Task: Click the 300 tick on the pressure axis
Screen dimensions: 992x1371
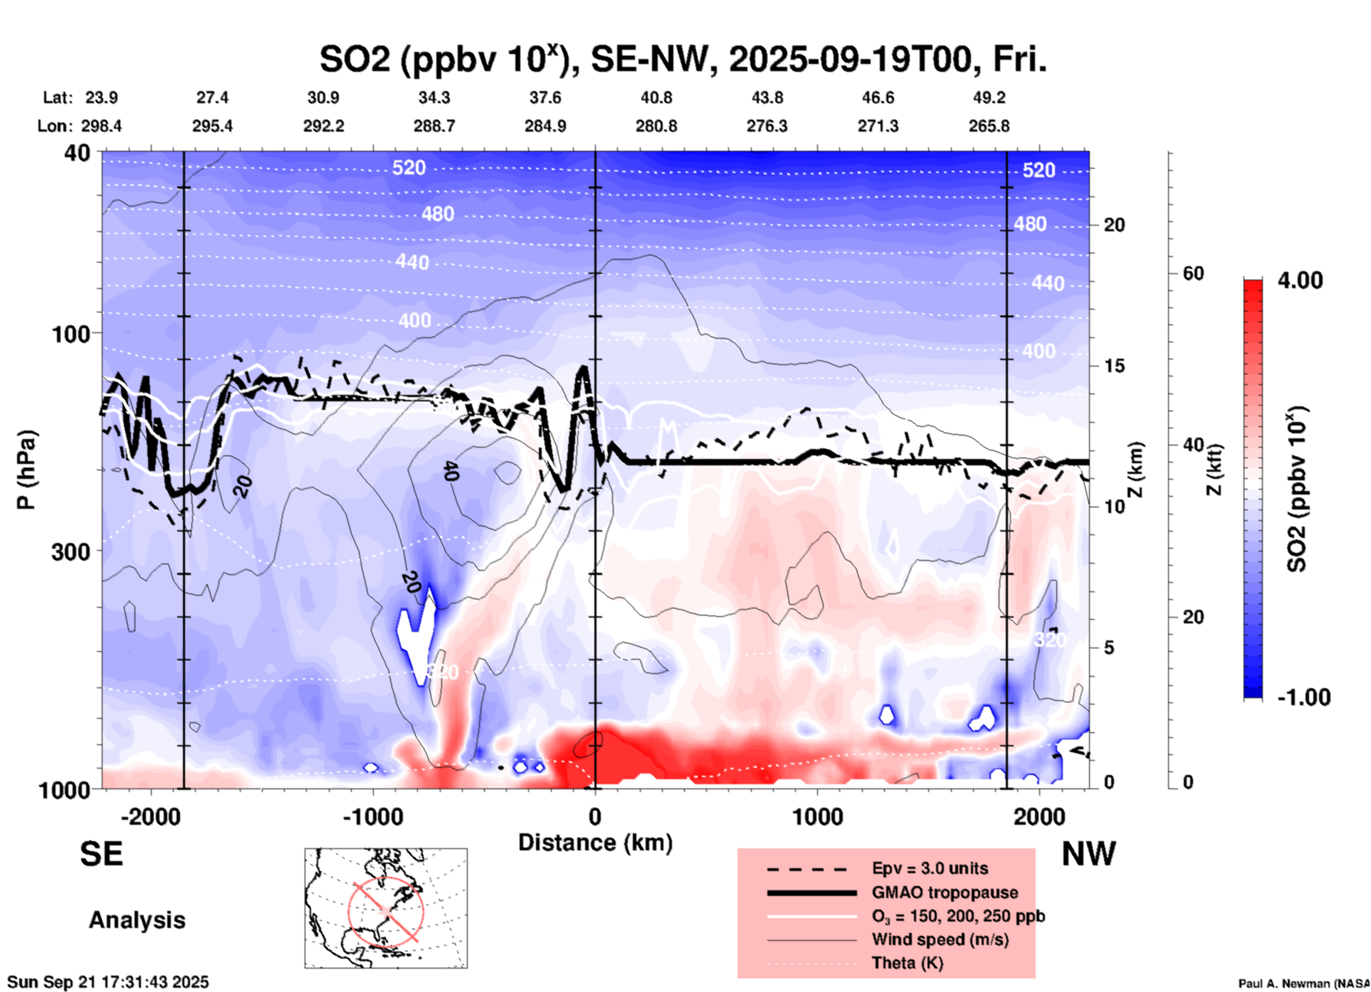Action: coord(71,552)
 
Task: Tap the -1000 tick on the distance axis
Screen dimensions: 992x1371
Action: coord(372,816)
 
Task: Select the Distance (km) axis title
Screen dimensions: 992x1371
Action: coord(595,843)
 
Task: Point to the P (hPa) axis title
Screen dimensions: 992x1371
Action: coord(26,470)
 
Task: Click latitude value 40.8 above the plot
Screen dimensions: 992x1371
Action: coord(656,97)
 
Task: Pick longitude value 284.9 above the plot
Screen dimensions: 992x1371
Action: coord(545,126)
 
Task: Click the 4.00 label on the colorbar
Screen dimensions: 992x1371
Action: coord(1300,280)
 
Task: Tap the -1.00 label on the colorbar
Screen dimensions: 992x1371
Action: coord(1303,697)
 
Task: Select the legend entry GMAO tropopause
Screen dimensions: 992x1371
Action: coord(945,892)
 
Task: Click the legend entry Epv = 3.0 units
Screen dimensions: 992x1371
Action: coord(930,868)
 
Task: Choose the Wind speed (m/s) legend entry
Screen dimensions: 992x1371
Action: coord(940,939)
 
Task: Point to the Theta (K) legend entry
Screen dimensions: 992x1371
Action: coord(907,963)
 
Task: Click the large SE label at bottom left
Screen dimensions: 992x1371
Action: coord(101,854)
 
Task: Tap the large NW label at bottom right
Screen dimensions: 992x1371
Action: coord(1088,854)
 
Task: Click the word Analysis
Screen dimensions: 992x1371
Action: coord(137,920)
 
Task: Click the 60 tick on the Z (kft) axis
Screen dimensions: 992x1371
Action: coord(1193,273)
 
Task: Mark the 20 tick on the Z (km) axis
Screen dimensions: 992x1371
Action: coord(1114,225)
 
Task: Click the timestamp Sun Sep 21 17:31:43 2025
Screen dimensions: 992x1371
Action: coord(108,982)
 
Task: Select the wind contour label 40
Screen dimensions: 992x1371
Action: coord(450,470)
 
